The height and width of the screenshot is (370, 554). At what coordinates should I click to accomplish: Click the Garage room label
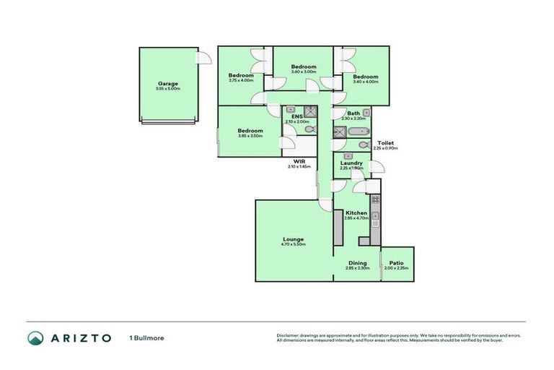168,83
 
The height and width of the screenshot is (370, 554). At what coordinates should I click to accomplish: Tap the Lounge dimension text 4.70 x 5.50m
293,245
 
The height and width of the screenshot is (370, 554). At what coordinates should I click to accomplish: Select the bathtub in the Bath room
357,132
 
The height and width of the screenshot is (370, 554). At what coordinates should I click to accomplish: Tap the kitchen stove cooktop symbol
374,201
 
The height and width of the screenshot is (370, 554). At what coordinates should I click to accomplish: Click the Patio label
396,262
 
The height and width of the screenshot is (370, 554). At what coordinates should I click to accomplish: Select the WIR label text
299,161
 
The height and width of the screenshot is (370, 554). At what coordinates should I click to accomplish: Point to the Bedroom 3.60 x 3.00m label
304,66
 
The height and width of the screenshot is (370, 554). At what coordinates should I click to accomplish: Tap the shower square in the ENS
309,111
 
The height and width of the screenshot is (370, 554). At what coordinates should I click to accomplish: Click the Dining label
357,262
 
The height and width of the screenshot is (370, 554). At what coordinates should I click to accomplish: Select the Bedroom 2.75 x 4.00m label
241,75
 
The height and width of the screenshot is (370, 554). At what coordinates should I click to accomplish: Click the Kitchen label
356,213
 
